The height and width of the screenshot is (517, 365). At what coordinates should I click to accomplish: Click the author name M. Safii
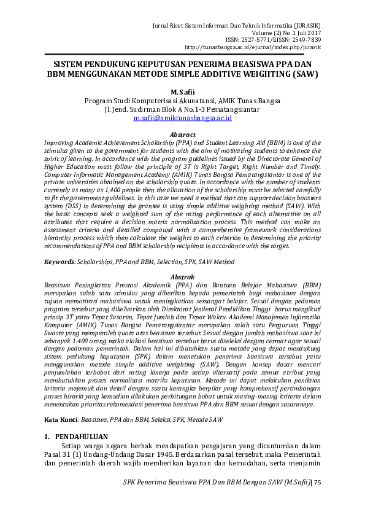pyautogui.click(x=182, y=91)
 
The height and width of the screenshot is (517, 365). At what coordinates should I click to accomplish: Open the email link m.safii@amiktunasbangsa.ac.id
pyautogui.click(x=182, y=117)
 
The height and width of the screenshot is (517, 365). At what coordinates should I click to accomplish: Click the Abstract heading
pyautogui.click(x=182, y=134)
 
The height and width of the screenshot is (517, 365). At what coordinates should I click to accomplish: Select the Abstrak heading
pyautogui.click(x=182, y=278)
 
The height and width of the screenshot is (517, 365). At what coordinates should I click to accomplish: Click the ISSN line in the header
pyautogui.click(x=270, y=39)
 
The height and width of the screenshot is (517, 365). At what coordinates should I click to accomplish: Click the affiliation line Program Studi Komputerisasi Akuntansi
pyautogui.click(x=182, y=100)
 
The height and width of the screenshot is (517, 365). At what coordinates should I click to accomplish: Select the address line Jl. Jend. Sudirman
pyautogui.click(x=182, y=109)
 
